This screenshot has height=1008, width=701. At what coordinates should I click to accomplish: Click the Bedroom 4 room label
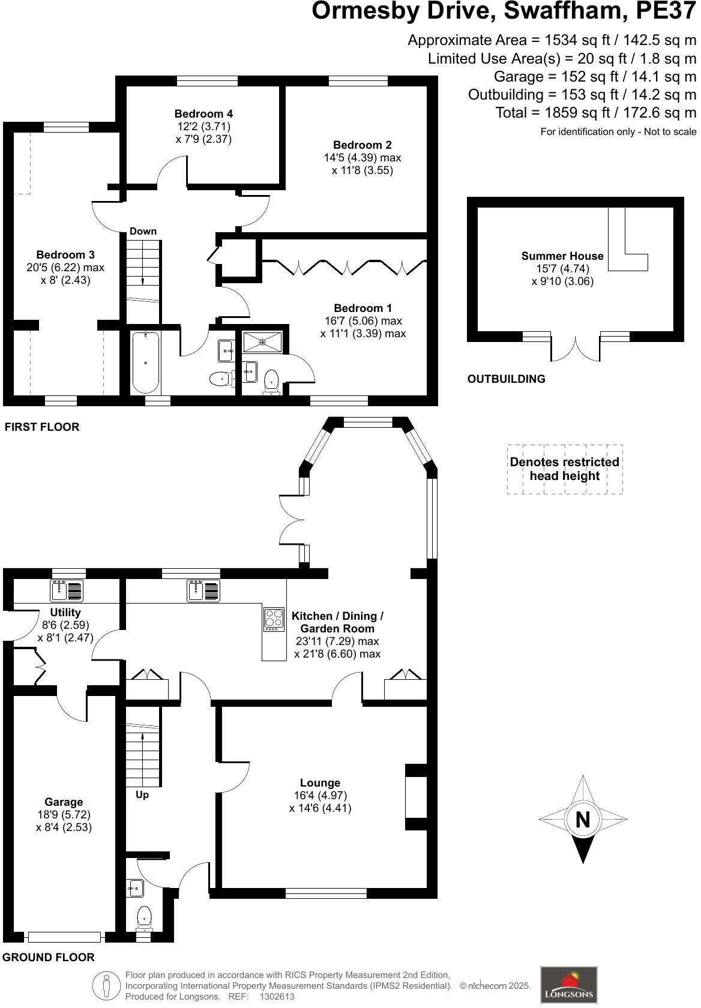point(203,114)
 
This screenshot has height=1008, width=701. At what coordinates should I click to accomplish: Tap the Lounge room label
point(320,783)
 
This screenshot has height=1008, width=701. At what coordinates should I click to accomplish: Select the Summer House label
point(562,256)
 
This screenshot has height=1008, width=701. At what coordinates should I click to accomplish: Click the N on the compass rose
point(583,820)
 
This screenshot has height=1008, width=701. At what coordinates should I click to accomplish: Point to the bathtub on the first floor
point(146,362)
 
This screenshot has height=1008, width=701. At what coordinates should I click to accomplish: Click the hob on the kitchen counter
point(274,619)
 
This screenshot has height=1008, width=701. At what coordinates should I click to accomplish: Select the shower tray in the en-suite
point(263,342)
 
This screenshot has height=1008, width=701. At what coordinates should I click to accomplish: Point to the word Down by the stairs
point(143,232)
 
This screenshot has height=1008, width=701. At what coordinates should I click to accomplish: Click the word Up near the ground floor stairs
point(142,795)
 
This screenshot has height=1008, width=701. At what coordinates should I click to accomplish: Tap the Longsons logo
point(568,985)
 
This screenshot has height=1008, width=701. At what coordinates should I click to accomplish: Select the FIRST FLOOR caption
point(42,427)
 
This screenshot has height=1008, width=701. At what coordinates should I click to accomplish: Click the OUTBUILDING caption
point(506,379)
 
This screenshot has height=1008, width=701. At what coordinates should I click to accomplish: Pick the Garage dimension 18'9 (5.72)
point(64,815)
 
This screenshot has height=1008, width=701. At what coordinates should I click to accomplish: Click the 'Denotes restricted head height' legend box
point(564,469)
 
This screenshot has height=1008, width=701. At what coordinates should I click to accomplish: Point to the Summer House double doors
point(575,349)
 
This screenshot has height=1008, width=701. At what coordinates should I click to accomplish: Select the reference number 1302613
point(277,997)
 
